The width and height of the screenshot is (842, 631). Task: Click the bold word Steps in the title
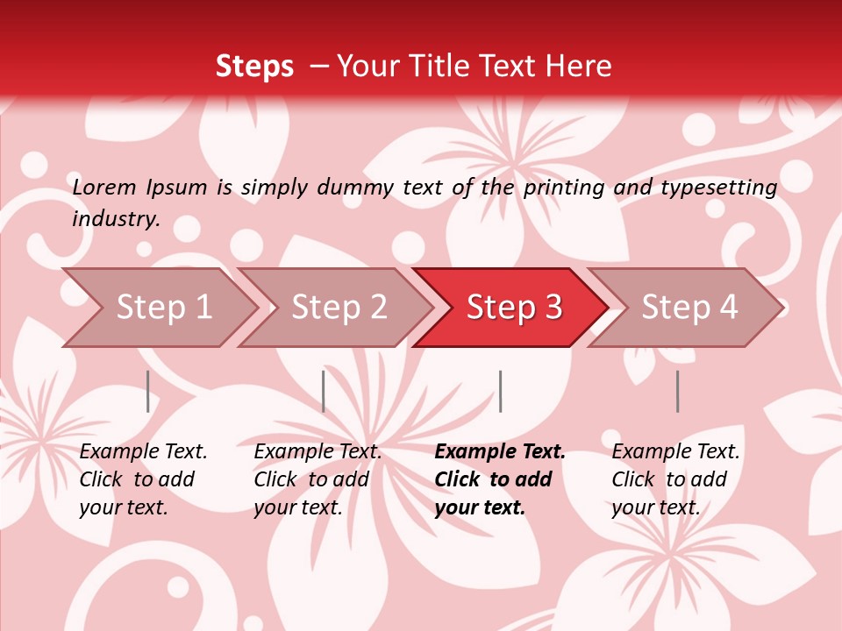click(254, 67)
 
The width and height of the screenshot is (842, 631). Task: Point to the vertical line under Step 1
click(148, 392)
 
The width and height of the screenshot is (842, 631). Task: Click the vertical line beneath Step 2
click(324, 392)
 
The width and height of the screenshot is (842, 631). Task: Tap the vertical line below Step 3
click(501, 392)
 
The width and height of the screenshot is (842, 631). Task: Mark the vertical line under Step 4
click(678, 392)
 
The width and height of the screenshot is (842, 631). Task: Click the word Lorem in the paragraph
click(104, 188)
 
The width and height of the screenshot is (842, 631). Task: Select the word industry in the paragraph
click(116, 219)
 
